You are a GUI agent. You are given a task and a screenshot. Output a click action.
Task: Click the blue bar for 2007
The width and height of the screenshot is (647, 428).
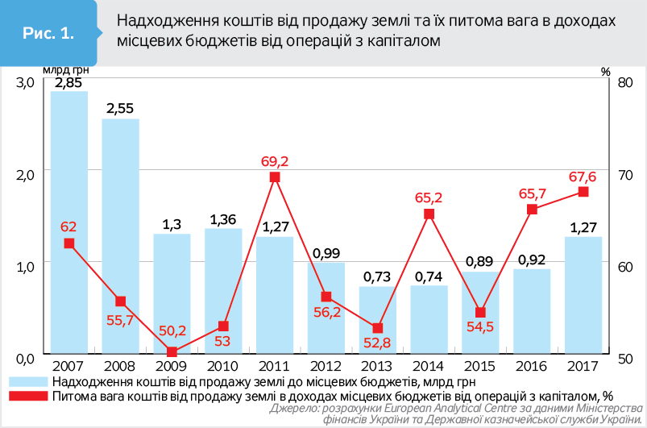68,222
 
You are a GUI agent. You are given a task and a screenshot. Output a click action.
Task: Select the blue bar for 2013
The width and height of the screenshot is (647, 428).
378,320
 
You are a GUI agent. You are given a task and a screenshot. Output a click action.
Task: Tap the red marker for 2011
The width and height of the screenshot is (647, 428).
275,177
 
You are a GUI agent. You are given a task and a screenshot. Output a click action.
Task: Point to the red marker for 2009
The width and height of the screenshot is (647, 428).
172,351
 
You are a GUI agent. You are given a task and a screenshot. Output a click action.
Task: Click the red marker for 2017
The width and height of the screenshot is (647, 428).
583,192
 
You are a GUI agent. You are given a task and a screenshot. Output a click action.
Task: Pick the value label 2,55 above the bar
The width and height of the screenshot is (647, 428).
120,107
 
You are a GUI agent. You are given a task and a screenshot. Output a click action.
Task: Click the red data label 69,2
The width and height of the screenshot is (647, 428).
275,160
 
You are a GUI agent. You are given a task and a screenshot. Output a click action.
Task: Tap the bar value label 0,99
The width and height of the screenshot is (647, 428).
326,251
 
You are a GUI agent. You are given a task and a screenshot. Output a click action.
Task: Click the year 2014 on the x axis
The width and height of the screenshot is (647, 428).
429,365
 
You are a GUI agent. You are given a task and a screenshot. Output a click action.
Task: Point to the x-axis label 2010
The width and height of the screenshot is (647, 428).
223,365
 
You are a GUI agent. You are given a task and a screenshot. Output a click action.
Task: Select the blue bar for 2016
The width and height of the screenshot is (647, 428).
532,311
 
